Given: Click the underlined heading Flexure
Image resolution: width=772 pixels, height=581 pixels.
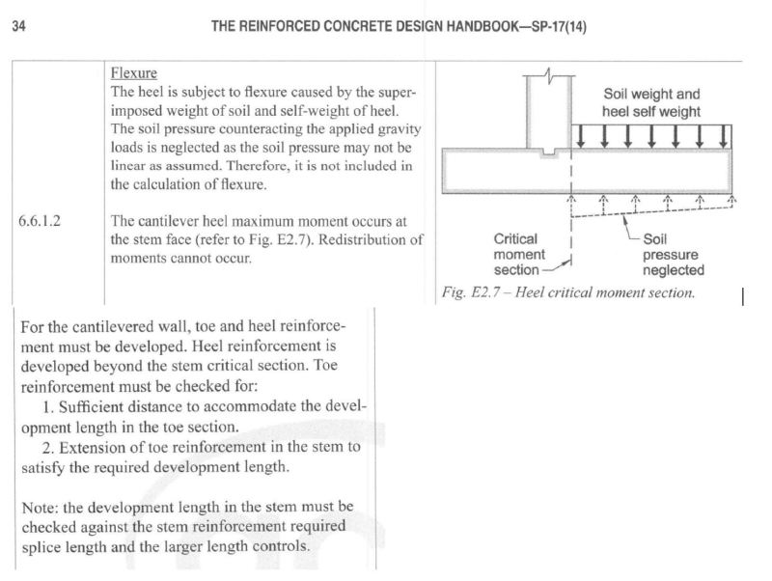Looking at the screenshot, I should [x=134, y=73].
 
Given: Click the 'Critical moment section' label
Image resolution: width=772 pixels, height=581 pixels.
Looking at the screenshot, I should [x=520, y=254].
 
